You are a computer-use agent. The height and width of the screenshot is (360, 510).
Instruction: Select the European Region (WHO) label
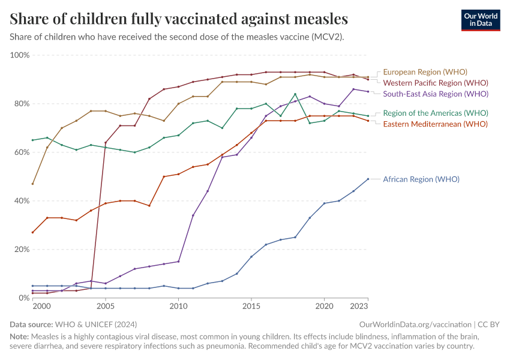point(425,71)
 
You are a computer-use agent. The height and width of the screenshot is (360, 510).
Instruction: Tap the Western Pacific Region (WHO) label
point(435,83)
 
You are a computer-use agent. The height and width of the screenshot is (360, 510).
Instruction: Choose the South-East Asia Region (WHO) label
point(436,94)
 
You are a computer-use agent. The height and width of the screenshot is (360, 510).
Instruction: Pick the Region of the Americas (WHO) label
point(436,113)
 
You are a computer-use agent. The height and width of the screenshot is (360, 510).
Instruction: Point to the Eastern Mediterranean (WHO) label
point(435,124)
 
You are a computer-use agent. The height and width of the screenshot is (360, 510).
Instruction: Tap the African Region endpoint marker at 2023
point(368,179)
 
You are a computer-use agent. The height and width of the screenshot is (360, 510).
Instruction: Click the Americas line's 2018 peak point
point(295,94)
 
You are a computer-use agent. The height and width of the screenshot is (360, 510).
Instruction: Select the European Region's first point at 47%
point(32,184)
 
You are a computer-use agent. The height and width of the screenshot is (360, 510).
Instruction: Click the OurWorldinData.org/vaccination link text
point(415,324)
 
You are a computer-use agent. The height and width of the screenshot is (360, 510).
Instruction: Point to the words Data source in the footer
point(29,324)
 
